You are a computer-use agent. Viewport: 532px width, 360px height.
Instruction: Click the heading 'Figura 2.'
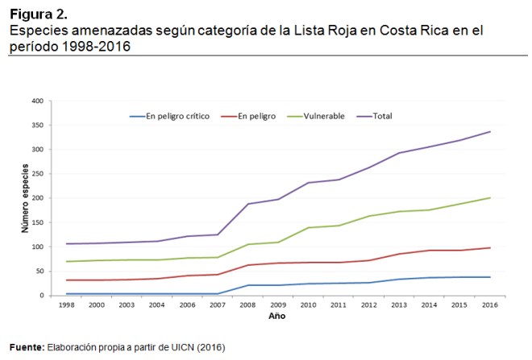click(39, 14)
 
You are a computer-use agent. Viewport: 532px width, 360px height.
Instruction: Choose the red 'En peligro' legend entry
click(256, 116)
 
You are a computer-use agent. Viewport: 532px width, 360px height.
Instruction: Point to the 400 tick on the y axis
click(36, 101)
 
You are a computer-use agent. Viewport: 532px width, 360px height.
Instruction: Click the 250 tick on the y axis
click(36, 174)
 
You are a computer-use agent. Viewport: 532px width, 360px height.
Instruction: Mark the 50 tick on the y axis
click(38, 271)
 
